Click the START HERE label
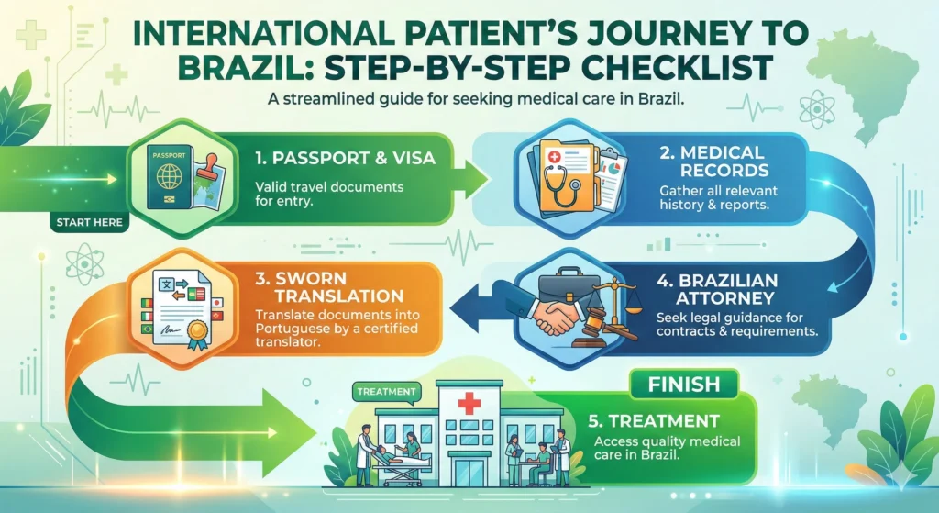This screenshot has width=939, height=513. click(89, 222)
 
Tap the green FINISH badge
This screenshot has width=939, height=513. click(684, 385)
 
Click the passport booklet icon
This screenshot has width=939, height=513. click(170, 179)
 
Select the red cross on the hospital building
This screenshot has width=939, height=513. click(469, 403)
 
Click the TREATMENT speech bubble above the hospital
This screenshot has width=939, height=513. click(386, 393)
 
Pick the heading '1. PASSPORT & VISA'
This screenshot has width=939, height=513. click(345, 158)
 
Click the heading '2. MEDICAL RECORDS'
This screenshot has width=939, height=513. click(713, 162)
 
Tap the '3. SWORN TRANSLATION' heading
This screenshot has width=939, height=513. click(330, 287)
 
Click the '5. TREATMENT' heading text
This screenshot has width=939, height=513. click(654, 420)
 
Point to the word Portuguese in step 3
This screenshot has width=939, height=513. click(293, 329)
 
